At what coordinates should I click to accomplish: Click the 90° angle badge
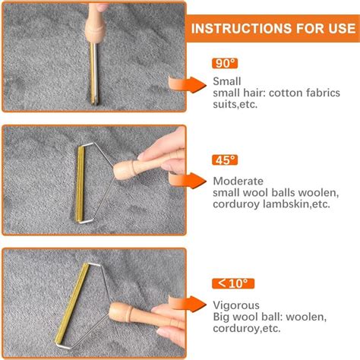tap(225, 63)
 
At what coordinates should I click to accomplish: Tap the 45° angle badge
tap(225, 160)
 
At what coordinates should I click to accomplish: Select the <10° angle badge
tap(233, 283)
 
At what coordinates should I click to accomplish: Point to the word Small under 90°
tap(227, 81)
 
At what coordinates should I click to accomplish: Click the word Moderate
tap(238, 181)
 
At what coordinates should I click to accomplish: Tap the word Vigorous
tap(236, 305)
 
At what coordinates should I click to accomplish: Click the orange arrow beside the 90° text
tap(188, 84)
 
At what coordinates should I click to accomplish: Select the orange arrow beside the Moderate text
tap(188, 181)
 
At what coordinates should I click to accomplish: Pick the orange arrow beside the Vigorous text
tap(188, 304)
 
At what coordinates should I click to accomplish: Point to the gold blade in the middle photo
tap(81, 184)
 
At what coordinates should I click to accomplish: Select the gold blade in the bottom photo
tap(72, 303)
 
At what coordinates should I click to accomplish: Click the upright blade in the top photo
tap(94, 74)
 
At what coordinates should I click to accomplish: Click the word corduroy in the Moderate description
tap(236, 204)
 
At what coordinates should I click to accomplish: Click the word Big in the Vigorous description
tap(222, 317)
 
